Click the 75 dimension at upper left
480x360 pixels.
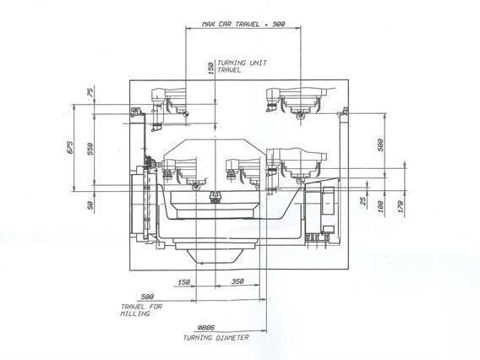point(92,93)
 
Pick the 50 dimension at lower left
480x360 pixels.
point(92,203)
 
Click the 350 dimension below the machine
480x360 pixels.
point(237,282)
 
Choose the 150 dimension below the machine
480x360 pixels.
point(183,282)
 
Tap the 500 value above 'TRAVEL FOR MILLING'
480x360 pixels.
point(148,297)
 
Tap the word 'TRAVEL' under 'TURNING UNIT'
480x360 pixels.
point(229,70)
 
